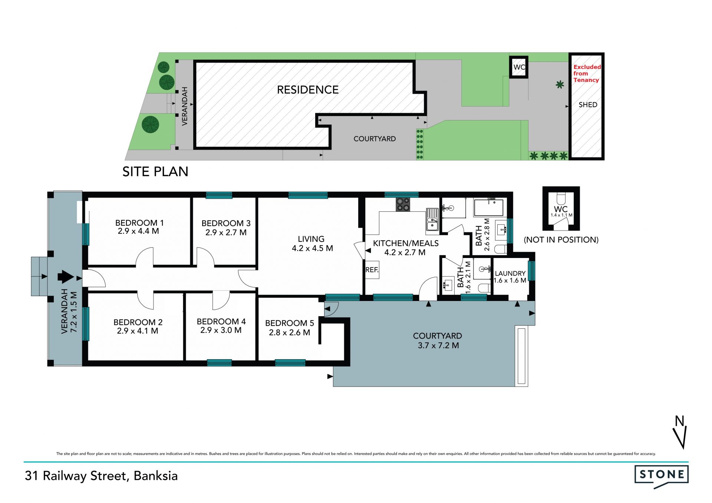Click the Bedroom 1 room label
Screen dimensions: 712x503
(x=139, y=223)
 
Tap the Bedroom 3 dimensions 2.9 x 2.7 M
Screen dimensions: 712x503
(x=226, y=232)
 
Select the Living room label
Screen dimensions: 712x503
(x=311, y=239)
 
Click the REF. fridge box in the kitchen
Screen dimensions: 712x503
(x=372, y=270)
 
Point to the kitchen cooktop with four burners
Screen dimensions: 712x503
(x=403, y=204)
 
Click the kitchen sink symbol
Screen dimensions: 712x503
(x=432, y=219)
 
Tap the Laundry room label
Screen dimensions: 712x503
(x=510, y=273)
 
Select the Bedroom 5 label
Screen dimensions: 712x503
(x=290, y=323)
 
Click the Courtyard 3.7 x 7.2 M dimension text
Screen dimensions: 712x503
(x=438, y=345)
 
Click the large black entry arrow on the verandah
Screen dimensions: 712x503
(x=66, y=277)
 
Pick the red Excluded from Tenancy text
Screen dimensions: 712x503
(x=587, y=73)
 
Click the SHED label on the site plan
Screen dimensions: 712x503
(x=588, y=105)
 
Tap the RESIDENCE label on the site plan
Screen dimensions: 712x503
(x=308, y=90)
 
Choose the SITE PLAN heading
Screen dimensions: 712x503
(x=155, y=172)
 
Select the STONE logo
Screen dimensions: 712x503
(x=662, y=476)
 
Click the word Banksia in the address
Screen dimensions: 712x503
(x=156, y=476)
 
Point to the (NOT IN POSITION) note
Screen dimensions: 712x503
(x=561, y=240)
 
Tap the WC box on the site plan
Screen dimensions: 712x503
(x=518, y=67)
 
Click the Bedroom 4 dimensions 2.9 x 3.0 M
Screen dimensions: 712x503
(x=221, y=330)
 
